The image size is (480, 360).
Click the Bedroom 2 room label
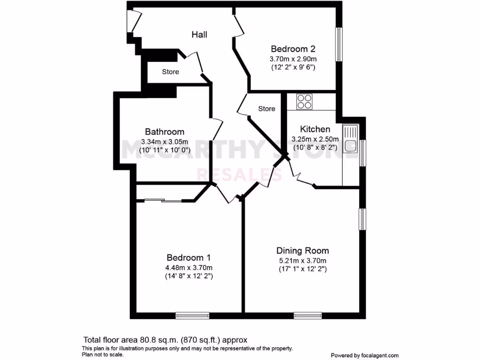[293, 49]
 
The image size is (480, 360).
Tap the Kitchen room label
[315, 129]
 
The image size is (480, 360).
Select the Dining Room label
[302, 250]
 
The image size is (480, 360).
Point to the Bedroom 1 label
[188, 257]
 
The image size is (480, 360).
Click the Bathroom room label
[165, 132]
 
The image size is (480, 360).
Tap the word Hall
[199, 35]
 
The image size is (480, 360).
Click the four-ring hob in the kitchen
[304, 102]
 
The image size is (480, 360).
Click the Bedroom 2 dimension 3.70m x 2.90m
[293, 59]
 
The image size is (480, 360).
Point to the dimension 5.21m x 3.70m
[302, 261]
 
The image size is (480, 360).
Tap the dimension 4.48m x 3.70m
[188, 268]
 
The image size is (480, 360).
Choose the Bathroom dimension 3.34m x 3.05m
[165, 142]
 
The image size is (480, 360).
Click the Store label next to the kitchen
[267, 109]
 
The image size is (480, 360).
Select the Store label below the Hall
[171, 72]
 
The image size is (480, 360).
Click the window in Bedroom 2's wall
[337, 44]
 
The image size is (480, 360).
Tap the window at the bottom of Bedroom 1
[192, 315]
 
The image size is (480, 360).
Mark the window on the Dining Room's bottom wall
[308, 315]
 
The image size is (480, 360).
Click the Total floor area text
[165, 340]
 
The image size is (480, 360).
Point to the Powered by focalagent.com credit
[365, 355]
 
